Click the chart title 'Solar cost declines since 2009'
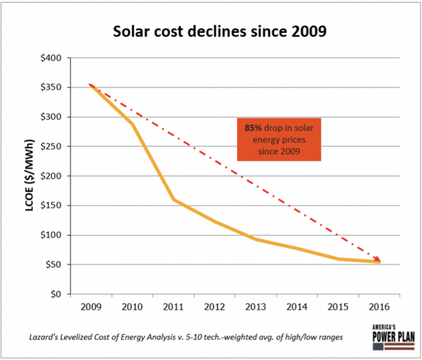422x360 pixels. click(x=219, y=31)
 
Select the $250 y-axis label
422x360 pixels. click(x=51, y=146)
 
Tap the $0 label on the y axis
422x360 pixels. click(x=56, y=294)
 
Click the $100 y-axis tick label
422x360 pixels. click(x=51, y=235)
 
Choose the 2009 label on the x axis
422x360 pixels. click(x=91, y=307)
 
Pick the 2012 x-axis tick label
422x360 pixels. click(x=215, y=307)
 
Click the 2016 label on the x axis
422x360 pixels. click(x=379, y=307)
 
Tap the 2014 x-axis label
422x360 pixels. click(x=297, y=307)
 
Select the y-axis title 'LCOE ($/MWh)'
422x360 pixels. click(x=30, y=175)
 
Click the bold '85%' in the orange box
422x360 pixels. click(x=253, y=128)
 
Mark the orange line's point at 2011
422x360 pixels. click(x=174, y=200)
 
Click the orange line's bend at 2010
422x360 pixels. click(x=132, y=124)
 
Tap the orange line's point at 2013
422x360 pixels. click(x=256, y=239)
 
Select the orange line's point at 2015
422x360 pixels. click(x=338, y=259)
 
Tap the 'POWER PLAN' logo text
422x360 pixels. click(x=393, y=337)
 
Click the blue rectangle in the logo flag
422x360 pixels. click(x=378, y=347)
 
